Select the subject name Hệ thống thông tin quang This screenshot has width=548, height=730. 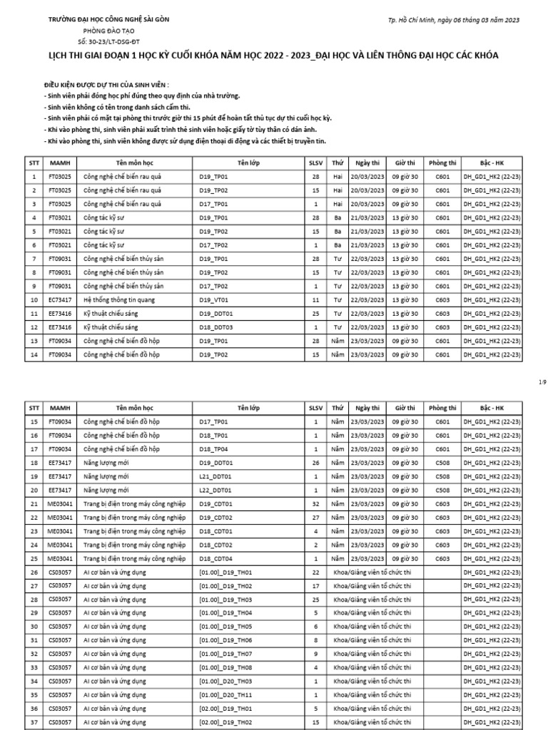pos(117,299)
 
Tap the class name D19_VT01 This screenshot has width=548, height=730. pos(213,299)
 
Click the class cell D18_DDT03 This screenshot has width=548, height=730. pos(216,327)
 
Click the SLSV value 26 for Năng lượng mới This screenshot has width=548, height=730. pos(315,463)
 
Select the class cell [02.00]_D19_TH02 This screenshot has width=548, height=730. pos(225,721)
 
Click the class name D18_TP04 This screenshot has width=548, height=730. pos(213,449)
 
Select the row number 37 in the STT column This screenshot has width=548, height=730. pos(33,721)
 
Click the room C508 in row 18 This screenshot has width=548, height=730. pos(442,463)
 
